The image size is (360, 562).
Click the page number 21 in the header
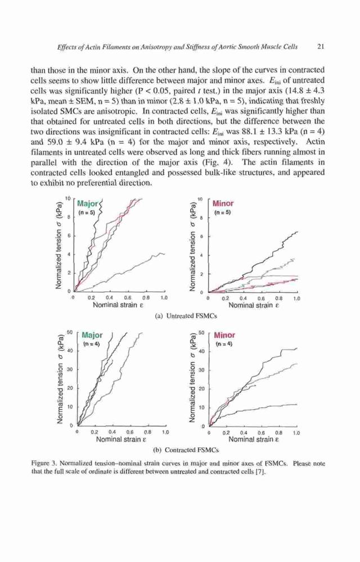coord(321,47)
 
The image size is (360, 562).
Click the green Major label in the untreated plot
coord(88,203)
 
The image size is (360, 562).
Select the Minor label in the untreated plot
coord(223,203)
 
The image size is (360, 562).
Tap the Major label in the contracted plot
coord(92,335)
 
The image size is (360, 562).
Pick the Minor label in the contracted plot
coord(224,335)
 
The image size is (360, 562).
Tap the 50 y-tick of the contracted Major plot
coord(71,332)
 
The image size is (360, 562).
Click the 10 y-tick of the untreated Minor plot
coord(201,199)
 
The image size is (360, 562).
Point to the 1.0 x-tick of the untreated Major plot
coord(164,297)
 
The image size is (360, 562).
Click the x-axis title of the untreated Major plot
coord(118,305)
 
